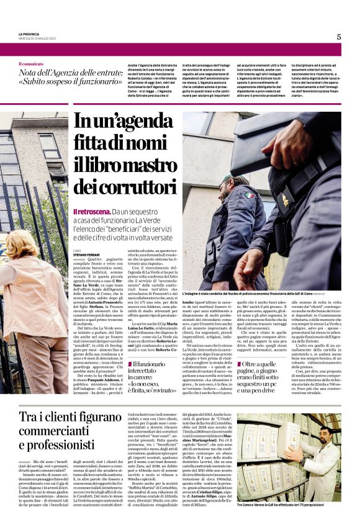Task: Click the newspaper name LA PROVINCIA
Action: click(x=29, y=34)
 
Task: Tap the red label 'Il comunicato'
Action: click(x=31, y=64)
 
